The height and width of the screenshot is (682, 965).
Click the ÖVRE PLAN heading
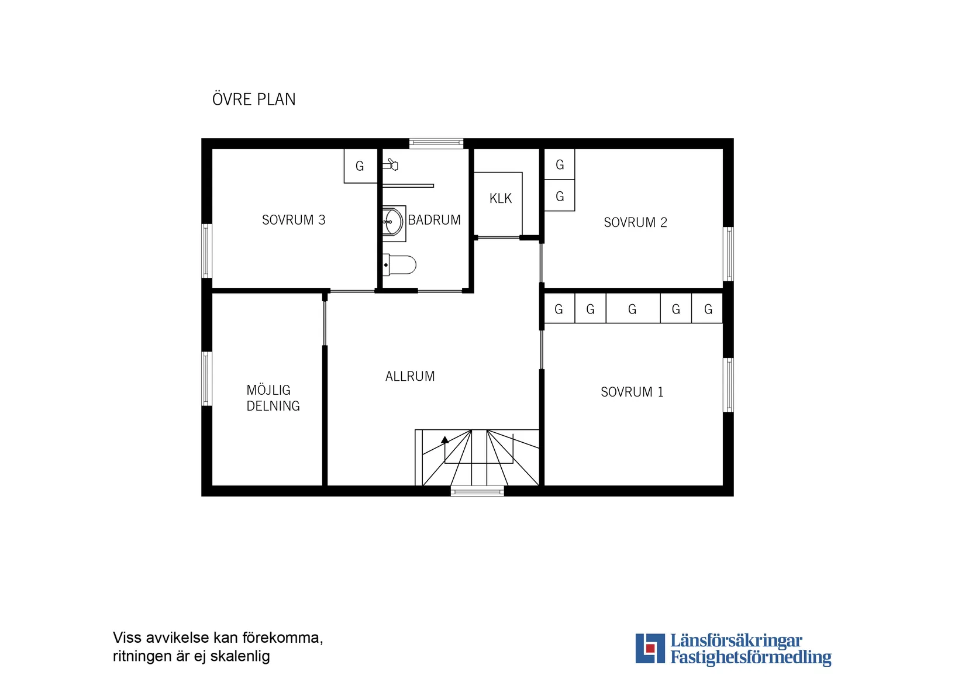pos(254,99)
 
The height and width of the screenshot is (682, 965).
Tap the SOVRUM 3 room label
pos(294,220)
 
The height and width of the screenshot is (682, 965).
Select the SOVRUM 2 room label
pos(635,222)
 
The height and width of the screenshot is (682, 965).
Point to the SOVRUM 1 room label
pos(632,392)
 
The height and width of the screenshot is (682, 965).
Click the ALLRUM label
pos(410,376)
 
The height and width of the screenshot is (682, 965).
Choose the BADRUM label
pos(434,220)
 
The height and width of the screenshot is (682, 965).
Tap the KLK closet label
pos(501,198)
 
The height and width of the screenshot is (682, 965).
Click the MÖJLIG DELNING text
pos(273,398)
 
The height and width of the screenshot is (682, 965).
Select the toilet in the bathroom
pos(399,265)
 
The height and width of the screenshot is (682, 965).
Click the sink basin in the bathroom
pos(394,223)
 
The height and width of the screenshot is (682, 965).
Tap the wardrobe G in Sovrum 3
pos(360,166)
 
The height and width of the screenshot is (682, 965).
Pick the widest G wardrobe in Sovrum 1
pos(633,308)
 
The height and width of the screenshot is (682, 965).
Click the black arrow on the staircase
pos(444,440)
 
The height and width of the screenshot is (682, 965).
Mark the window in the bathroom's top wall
pos(436,143)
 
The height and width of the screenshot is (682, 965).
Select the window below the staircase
pos(477,491)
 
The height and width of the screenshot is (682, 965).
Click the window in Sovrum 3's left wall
pos(207,251)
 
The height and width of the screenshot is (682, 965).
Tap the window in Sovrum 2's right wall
pos(728,254)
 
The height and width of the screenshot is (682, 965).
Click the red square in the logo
pos(650,649)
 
